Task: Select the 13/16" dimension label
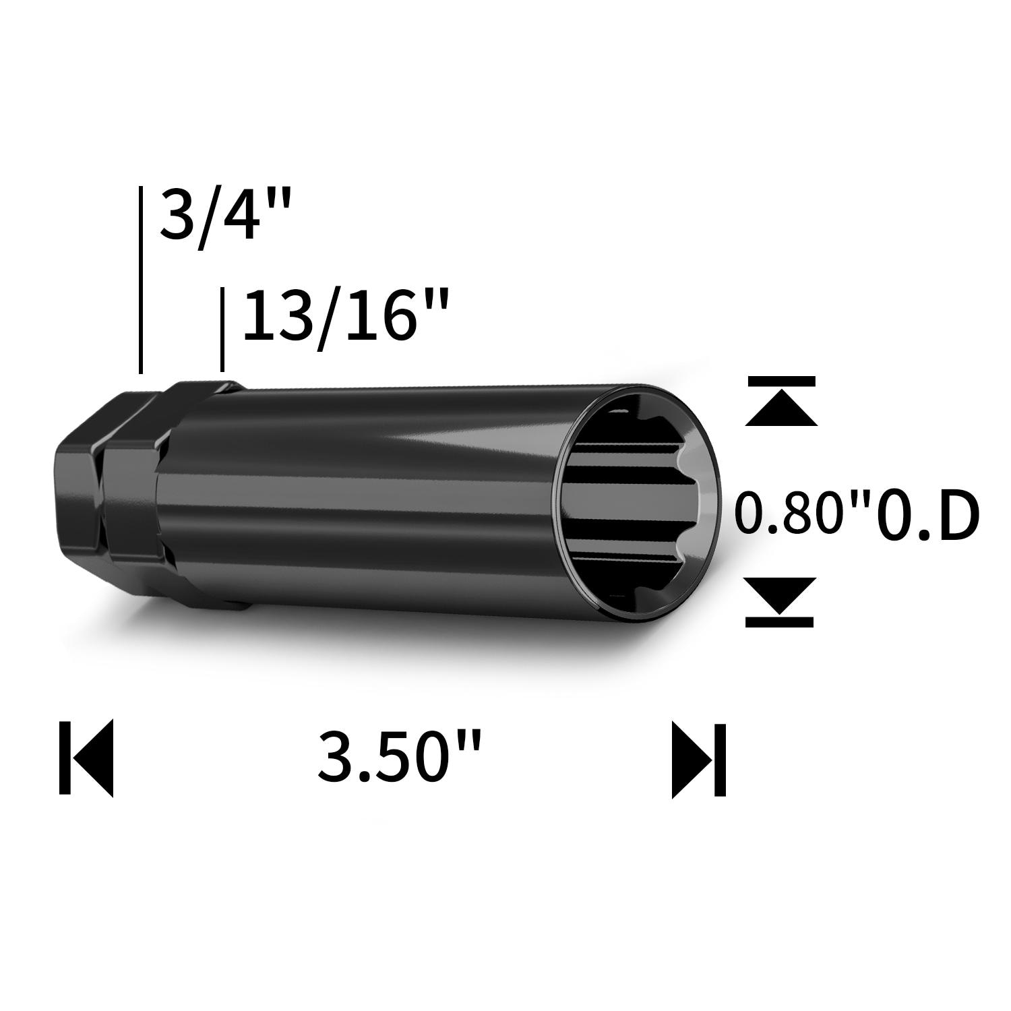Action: pyautogui.click(x=344, y=315)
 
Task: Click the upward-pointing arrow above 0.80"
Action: pyautogui.click(x=780, y=410)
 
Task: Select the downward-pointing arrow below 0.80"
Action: pyautogui.click(x=780, y=594)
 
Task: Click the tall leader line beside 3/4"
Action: pyautogui.click(x=140, y=280)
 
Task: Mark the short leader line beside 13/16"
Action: pyautogui.click(x=222, y=329)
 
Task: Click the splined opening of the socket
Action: pyautogui.click(x=630, y=502)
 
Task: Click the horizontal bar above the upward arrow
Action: pyautogui.click(x=780, y=381)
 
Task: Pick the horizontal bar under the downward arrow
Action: pyautogui.click(x=780, y=622)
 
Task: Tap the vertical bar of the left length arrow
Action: pyautogui.click(x=65, y=758)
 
